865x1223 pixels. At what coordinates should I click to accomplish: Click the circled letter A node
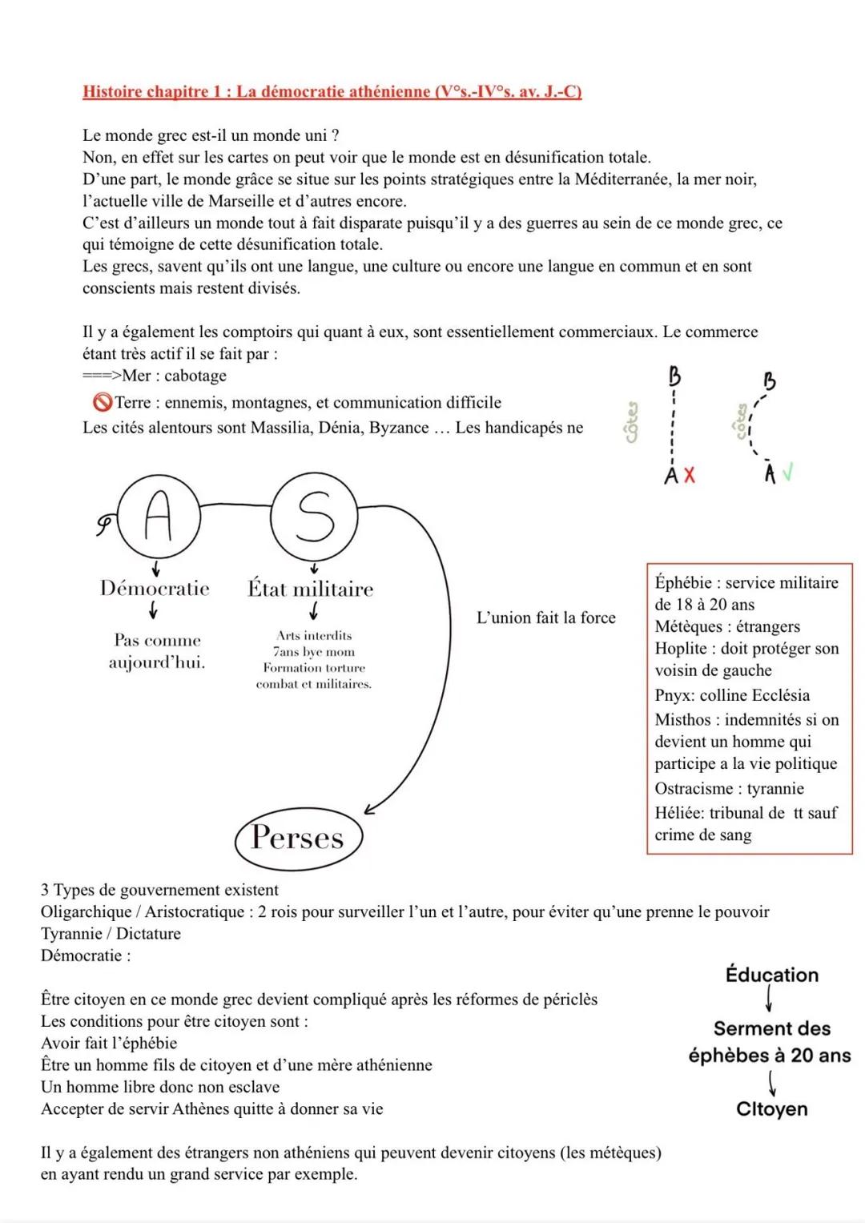click(x=157, y=516)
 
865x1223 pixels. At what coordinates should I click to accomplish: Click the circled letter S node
click(x=313, y=517)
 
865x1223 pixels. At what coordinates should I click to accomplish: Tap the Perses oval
click(x=298, y=838)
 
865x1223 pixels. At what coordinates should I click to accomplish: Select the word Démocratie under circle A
click(x=155, y=589)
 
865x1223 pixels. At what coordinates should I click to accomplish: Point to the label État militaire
click(x=310, y=589)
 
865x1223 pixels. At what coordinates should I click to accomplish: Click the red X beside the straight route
click(x=690, y=475)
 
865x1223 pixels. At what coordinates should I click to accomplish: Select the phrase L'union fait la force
click(x=546, y=618)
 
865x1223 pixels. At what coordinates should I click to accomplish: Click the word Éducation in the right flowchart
click(x=771, y=975)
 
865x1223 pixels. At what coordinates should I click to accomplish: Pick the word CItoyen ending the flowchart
click(x=771, y=1109)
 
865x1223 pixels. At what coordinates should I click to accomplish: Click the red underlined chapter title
click(x=332, y=91)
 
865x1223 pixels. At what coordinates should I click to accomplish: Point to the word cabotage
click(x=195, y=376)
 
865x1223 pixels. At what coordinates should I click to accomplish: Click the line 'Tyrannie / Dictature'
click(x=111, y=933)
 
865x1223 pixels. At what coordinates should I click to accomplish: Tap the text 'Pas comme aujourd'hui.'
click(x=157, y=651)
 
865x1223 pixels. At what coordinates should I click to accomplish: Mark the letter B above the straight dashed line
click(x=674, y=376)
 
